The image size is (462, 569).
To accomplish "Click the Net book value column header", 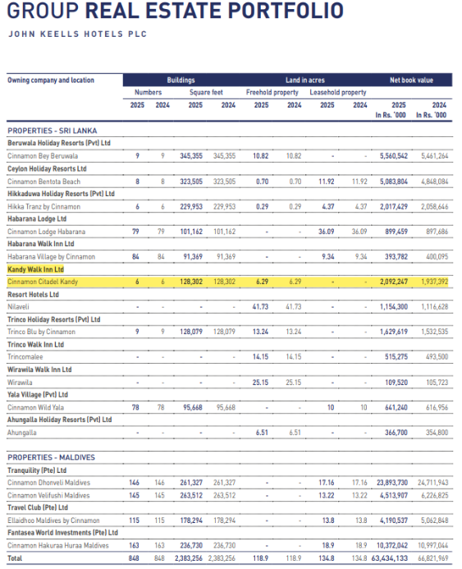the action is click(411, 80).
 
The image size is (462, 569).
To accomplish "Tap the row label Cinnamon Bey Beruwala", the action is click(43, 155).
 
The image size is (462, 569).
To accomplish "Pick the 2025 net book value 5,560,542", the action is click(393, 155).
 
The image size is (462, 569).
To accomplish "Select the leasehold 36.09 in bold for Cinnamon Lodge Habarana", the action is click(327, 232).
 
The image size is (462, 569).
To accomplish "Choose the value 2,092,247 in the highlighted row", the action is click(393, 282).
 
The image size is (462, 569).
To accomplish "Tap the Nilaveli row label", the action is click(21, 306).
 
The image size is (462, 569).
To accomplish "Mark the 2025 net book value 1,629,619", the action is click(393, 332).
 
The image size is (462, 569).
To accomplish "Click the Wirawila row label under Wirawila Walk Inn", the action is click(21, 382).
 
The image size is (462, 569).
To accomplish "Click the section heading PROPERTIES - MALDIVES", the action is click(51, 457).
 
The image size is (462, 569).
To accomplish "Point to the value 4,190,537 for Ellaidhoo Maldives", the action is click(393, 521).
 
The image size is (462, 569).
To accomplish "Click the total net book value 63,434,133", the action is click(390, 558).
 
